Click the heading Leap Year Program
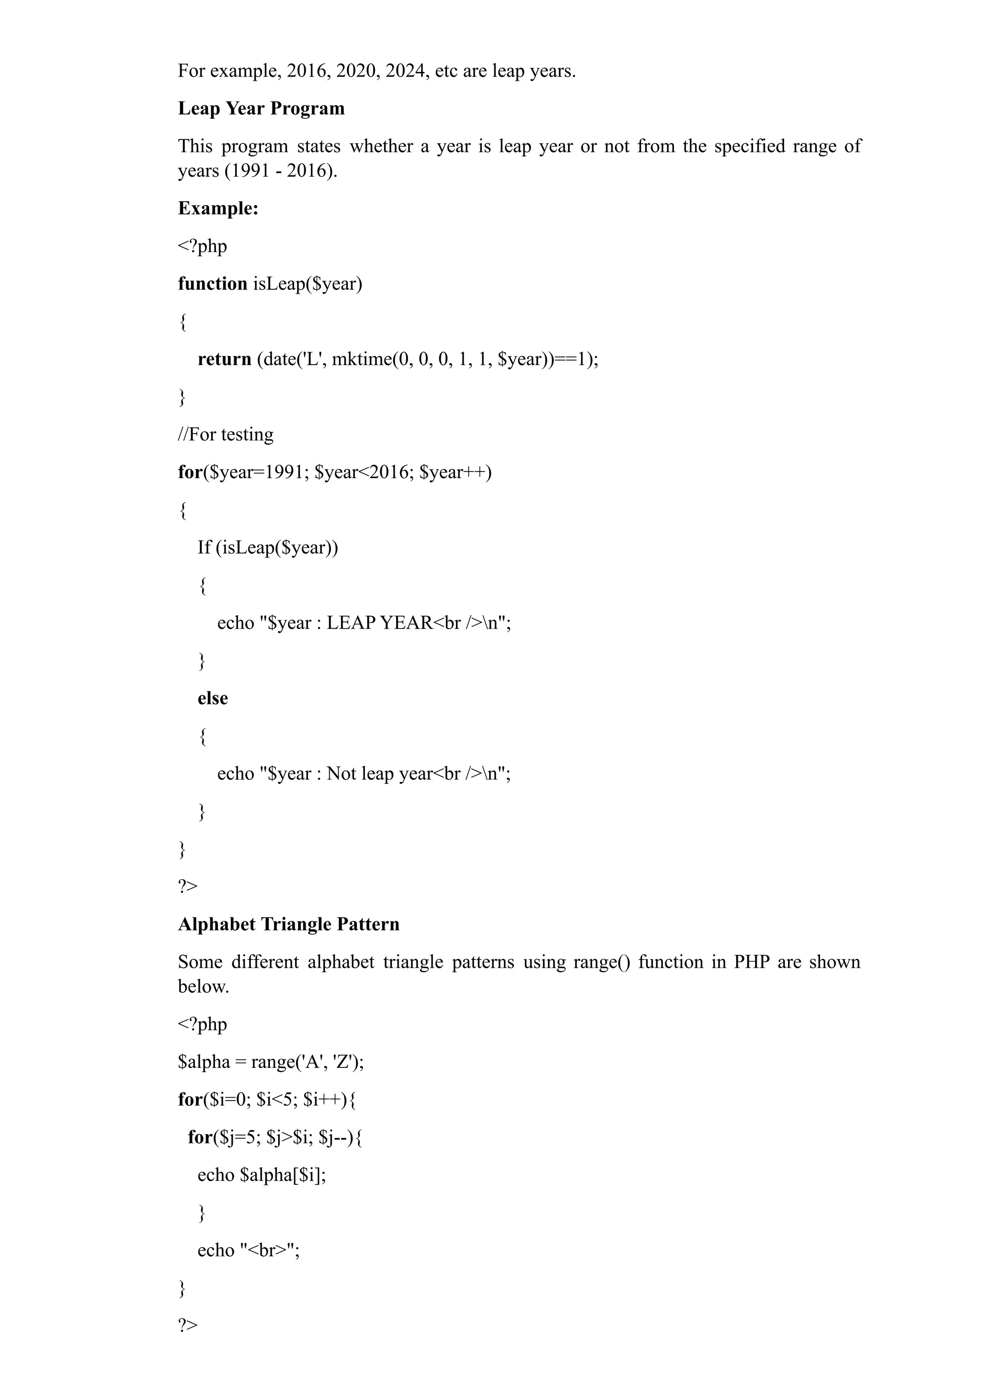tap(261, 109)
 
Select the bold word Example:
tap(218, 208)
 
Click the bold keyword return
tap(224, 359)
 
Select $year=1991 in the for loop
tap(257, 472)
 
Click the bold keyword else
tap(213, 699)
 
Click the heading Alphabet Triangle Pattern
tap(289, 925)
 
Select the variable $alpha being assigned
tap(204, 1062)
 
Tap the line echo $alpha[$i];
tap(262, 1175)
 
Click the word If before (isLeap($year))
tap(204, 548)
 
